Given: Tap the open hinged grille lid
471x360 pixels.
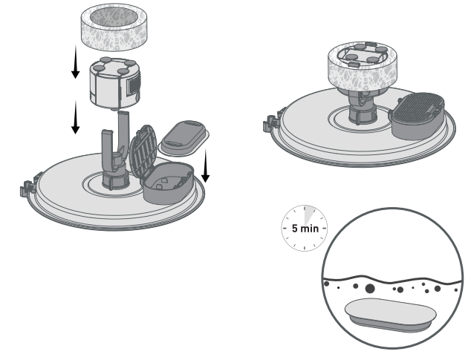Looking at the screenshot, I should tap(143, 150).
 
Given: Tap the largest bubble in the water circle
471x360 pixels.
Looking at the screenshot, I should tap(370, 287).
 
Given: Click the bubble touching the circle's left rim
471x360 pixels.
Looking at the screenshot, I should tap(326, 282).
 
